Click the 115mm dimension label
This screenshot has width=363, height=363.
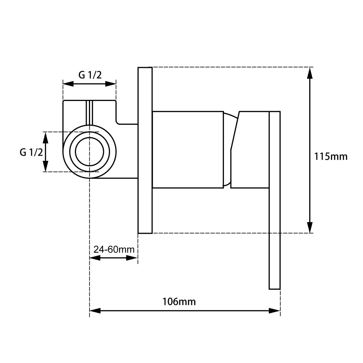331,157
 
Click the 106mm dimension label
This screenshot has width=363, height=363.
179,302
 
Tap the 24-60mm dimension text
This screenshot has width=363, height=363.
114,249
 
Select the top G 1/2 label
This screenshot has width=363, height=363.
90,75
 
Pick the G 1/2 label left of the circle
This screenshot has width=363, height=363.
31,152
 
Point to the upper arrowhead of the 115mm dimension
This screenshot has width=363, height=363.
310,73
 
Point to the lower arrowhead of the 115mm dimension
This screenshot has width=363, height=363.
310,227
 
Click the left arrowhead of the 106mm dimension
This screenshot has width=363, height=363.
95,311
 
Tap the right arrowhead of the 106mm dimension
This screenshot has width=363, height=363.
274,311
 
